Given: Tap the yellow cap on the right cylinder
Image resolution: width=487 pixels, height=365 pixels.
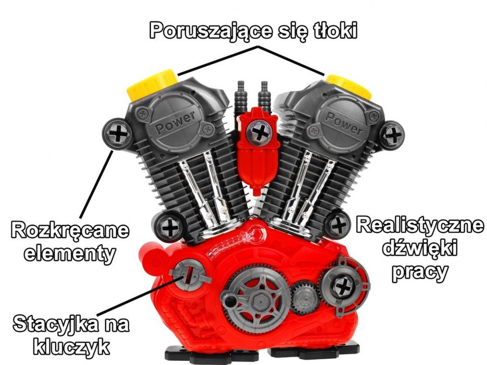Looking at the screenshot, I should pos(350,84).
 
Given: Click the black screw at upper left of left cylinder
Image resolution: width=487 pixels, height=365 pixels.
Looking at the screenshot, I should pos(118,134).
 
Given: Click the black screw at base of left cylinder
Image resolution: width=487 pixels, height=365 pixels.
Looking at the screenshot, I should pos(169,227).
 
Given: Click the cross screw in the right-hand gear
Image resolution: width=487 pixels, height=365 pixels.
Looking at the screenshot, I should pos(342,286).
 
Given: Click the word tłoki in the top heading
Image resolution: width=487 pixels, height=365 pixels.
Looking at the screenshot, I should pos(332,31).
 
